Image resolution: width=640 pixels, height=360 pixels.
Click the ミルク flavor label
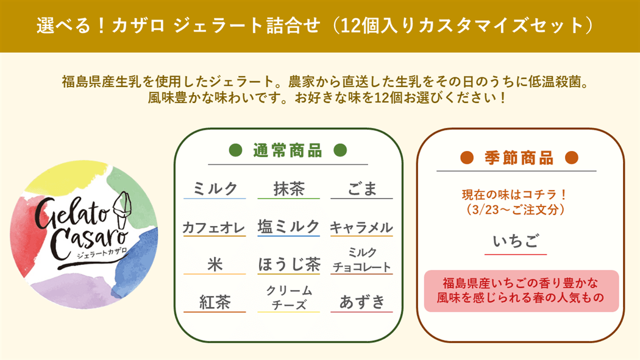coord(215,189)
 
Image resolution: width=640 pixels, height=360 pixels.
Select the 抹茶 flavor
coord(289,189)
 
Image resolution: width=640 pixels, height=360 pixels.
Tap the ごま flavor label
coord(361,189)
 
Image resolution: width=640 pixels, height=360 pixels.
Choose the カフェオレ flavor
coord(214,227)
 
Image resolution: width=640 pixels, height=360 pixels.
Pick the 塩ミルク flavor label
coord(288,226)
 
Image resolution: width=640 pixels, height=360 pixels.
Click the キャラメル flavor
coord(361,227)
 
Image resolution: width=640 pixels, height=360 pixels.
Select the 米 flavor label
coord(215,264)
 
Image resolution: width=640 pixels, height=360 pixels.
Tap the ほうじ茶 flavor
coord(289,264)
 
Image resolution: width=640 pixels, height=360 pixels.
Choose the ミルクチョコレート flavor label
coord(362,259)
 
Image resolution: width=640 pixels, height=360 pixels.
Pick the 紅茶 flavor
coord(215,303)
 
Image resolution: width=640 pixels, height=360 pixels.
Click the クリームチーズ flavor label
coord(289,298)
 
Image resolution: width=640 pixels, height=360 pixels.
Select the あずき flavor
coord(362,302)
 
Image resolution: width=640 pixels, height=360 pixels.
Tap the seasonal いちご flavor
coord(516,241)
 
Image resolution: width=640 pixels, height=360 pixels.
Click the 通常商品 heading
coord(288,150)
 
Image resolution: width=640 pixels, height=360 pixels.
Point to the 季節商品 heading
coord(519,158)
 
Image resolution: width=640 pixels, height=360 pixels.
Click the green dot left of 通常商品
coord(235,150)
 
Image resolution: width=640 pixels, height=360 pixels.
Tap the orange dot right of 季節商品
coord(572,157)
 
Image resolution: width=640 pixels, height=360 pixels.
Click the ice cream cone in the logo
coord(122,210)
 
